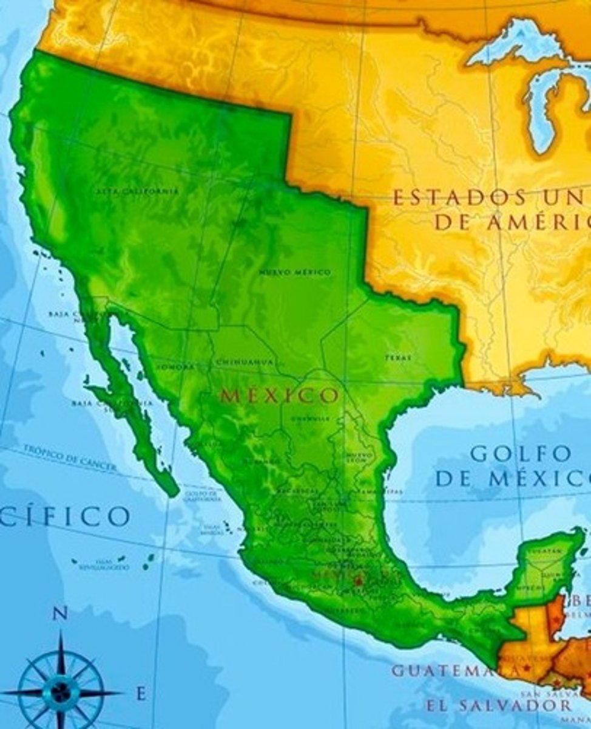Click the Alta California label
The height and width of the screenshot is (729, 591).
pyautogui.click(x=137, y=191)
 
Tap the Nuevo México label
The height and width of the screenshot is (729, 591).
pyautogui.click(x=295, y=273)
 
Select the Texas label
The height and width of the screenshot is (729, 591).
pyautogui.click(x=397, y=358)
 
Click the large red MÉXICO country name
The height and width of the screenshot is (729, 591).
pyautogui.click(x=279, y=396)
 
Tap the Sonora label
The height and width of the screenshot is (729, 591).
pyautogui.click(x=175, y=368)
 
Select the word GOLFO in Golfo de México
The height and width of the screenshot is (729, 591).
pyautogui.click(x=521, y=454)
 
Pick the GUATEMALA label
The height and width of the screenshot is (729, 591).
pyautogui.click(x=455, y=671)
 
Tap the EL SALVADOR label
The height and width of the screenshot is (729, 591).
pyautogui.click(x=498, y=705)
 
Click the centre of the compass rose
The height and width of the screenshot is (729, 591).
pyautogui.click(x=61, y=691)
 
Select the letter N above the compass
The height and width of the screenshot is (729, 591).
pyautogui.click(x=59, y=614)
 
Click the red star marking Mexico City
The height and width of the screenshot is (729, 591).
pyautogui.click(x=357, y=581)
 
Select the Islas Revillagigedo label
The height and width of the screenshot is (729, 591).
pyautogui.click(x=103, y=567)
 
